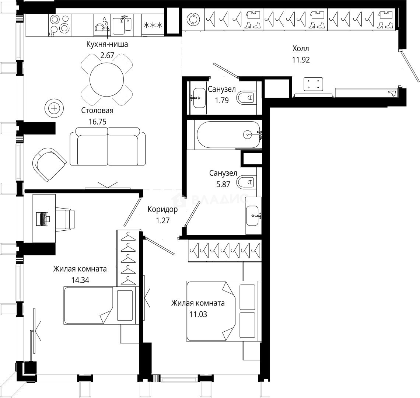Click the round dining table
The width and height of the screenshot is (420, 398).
pos(107,79)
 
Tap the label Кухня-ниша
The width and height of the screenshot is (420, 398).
pos(107,45)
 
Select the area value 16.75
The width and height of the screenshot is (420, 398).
pos(98,122)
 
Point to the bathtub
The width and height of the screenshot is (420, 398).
pos(228,135)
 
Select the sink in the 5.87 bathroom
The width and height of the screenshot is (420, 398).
pos(253,215)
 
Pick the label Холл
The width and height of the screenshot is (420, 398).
pos(301,49)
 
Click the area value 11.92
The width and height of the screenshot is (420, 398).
pos(301,60)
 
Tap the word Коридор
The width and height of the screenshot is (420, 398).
pos(162,210)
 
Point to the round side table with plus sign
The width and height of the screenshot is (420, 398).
pos(54,108)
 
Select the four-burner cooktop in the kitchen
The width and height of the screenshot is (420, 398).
pos(60,24)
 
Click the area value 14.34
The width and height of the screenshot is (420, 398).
pos(80,280)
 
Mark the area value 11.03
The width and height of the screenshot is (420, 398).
pos(198,314)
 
